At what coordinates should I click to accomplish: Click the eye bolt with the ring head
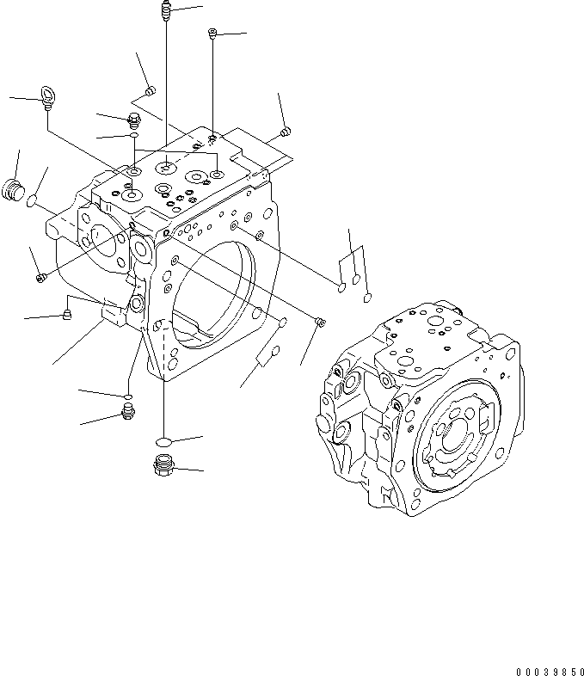[47, 97]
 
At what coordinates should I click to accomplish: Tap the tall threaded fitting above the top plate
[165, 11]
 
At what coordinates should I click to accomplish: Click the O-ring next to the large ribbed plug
[32, 202]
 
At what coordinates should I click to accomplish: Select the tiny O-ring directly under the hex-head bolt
[134, 135]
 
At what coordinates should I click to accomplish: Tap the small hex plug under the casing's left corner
[127, 416]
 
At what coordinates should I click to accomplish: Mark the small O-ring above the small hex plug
[126, 396]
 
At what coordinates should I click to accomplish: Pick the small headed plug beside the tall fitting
[212, 34]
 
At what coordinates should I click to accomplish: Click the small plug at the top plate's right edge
[286, 132]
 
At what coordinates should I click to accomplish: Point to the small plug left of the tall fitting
[151, 90]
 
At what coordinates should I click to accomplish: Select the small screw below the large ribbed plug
[40, 277]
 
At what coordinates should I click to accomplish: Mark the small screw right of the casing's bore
[320, 322]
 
